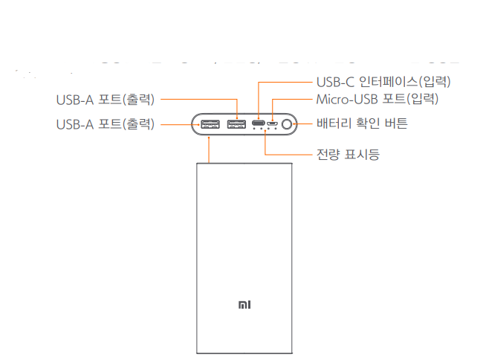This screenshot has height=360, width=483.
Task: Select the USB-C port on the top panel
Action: (x=258, y=124)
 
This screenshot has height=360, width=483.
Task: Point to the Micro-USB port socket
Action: (x=273, y=124)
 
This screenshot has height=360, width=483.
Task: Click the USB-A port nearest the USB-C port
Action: (x=237, y=124)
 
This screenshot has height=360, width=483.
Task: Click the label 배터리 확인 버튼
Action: (x=362, y=123)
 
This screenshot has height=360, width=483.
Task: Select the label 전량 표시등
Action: (x=348, y=156)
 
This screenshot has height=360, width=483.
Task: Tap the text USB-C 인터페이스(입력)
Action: (x=383, y=81)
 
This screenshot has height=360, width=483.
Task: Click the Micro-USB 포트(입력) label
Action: (x=377, y=99)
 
